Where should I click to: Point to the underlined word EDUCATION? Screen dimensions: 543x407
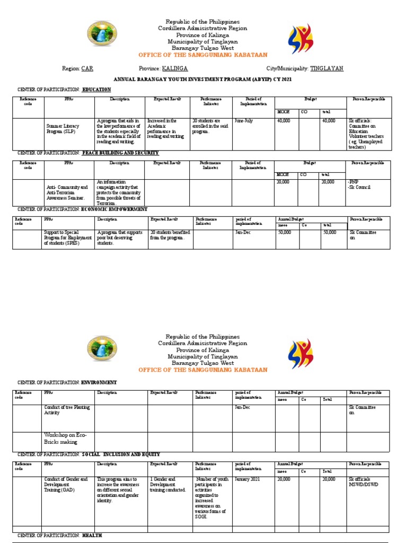click(96, 90)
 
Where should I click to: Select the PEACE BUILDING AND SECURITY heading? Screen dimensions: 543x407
click(120, 153)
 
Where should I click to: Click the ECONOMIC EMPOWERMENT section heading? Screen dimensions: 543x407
click(114, 209)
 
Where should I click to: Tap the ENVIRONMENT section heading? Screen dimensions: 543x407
click(99, 382)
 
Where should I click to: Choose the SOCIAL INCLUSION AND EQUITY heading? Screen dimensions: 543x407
click(121, 454)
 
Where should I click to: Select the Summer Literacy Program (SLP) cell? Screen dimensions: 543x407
click(63, 128)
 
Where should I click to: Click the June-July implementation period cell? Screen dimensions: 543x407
click(244, 121)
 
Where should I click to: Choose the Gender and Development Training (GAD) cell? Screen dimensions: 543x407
click(66, 485)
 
